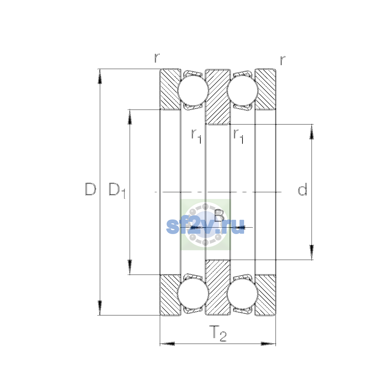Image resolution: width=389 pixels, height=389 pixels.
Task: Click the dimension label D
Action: (90, 189)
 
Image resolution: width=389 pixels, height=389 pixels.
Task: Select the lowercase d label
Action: (302, 189)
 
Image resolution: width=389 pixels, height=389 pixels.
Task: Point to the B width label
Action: (219, 216)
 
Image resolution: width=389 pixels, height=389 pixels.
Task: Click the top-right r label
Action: (283, 60)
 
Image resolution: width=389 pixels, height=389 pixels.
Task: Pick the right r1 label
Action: (238, 136)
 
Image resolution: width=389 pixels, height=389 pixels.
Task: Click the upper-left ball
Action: (193, 91)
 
